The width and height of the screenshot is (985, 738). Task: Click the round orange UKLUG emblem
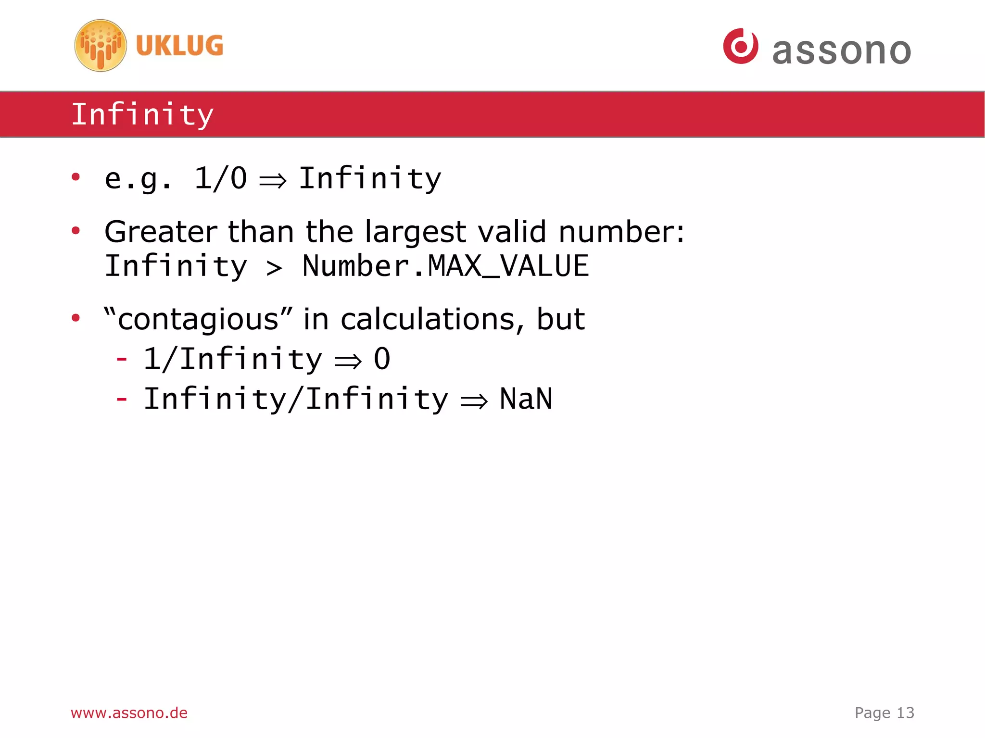(101, 46)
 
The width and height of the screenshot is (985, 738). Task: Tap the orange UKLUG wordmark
(179, 46)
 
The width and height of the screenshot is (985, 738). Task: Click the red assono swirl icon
(740, 46)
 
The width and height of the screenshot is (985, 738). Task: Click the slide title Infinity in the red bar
(142, 115)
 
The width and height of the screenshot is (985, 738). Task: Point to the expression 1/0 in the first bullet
(220, 178)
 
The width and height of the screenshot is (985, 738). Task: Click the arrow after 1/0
(273, 181)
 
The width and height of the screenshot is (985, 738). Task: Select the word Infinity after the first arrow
(370, 178)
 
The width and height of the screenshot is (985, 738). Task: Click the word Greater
(160, 232)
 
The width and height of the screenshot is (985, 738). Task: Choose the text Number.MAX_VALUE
(445, 266)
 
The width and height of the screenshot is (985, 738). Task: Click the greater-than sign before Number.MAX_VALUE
(274, 268)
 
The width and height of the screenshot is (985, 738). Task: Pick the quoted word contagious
(198, 319)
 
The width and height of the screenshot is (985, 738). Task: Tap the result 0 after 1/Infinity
(382, 359)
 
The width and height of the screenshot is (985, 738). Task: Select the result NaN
(526, 399)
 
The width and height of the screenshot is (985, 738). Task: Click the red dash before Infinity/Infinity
(122, 399)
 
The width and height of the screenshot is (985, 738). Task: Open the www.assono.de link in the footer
(129, 713)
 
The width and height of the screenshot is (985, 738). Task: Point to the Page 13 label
(884, 713)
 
